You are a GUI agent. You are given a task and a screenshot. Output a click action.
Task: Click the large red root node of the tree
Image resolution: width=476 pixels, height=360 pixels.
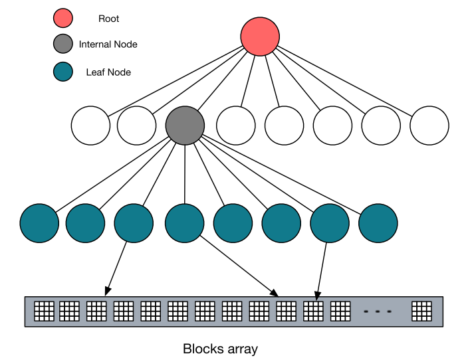coord(260,36)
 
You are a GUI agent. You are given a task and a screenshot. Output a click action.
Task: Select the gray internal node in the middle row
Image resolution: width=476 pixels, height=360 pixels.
coord(185,125)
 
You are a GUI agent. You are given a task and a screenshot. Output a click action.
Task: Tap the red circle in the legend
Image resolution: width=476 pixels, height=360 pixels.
coord(62,19)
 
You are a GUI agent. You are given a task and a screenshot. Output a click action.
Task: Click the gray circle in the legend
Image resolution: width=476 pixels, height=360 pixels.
coord(62,45)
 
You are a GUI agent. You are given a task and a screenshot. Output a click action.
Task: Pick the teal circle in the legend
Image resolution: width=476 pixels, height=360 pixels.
coord(62,72)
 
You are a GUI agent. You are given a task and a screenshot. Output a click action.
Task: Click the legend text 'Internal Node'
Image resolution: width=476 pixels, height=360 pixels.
coord(108,45)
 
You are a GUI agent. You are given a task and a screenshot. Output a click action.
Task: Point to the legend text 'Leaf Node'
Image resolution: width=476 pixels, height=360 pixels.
coord(108,72)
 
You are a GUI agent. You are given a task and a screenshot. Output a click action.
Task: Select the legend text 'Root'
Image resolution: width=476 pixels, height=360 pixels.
coord(108,19)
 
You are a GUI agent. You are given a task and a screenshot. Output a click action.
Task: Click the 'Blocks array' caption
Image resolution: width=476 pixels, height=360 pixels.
coord(220,349)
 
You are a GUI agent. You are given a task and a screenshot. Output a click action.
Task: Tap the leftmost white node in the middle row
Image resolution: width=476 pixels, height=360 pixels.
coord(90,125)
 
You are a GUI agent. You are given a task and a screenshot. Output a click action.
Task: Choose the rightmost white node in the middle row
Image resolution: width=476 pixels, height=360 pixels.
coord(429,125)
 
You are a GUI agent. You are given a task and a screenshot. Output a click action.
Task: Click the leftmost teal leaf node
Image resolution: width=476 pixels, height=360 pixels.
coord(39,223)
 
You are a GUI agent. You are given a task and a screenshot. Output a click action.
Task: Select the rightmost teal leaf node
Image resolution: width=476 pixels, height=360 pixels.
coord(378,223)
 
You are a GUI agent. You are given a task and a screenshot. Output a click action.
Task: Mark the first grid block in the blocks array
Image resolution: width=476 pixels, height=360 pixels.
coord(44,311)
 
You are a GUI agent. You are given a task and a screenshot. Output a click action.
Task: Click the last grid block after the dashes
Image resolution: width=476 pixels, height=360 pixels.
coord(421,311)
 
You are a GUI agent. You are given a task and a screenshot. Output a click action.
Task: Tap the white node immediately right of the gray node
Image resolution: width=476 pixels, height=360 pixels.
coord(236,125)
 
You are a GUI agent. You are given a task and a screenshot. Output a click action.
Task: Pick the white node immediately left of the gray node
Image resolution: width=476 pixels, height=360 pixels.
coord(137,125)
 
